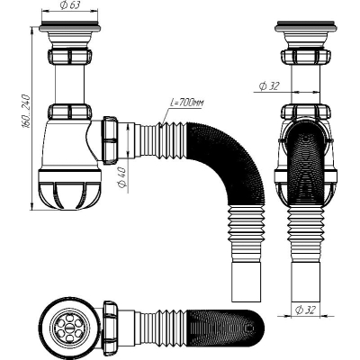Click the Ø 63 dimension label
[70, 5]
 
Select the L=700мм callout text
[186, 103]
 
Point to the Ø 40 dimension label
[123, 177]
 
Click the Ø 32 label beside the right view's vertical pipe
[269, 86]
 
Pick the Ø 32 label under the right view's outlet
[305, 310]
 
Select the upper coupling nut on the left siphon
[69, 56]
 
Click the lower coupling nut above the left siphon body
[69, 111]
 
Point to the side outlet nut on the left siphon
[110, 140]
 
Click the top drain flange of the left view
[69, 26]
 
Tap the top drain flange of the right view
[306, 26]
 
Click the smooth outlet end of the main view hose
[247, 282]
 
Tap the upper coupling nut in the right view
[306, 57]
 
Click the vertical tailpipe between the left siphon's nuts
[69, 84]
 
